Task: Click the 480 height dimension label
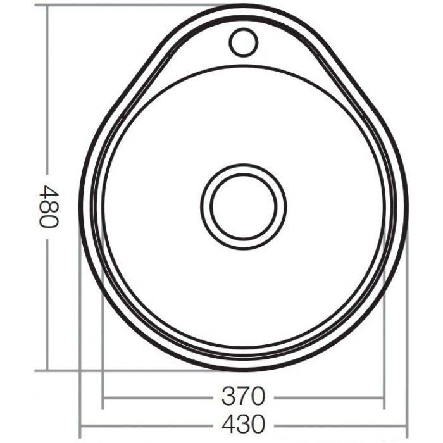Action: click(49, 206)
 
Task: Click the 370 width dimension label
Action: click(244, 396)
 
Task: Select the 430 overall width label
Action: click(244, 424)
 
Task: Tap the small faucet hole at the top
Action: click(243, 42)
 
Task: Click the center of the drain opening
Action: click(243, 206)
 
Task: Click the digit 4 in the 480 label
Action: click(49, 192)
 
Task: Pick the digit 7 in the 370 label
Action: click(244, 396)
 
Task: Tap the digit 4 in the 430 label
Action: click(229, 424)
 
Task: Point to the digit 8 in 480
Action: click(49, 206)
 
